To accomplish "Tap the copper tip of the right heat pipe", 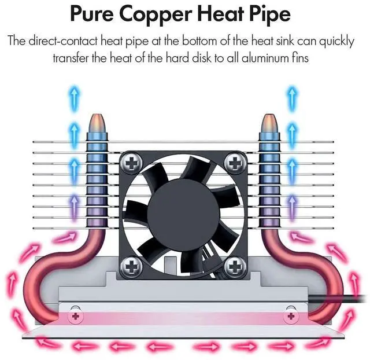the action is (269, 122).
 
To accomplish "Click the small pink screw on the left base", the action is (74, 316).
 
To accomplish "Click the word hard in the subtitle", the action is (204, 58).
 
